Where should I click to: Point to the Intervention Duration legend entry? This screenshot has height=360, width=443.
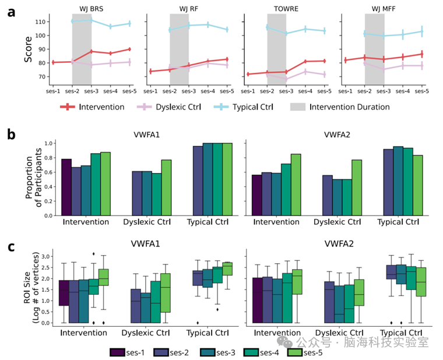pos(342,107)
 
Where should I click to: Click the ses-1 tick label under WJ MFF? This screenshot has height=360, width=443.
pos(346,92)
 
